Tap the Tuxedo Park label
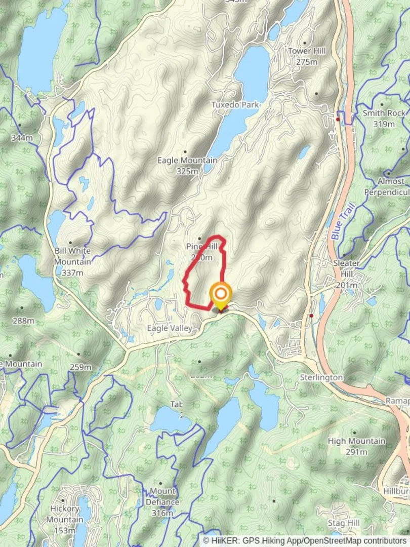[235, 105]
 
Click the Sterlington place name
[321, 378]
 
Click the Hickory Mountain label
[65, 514]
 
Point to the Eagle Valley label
[170, 329]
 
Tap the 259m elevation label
[81, 367]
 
